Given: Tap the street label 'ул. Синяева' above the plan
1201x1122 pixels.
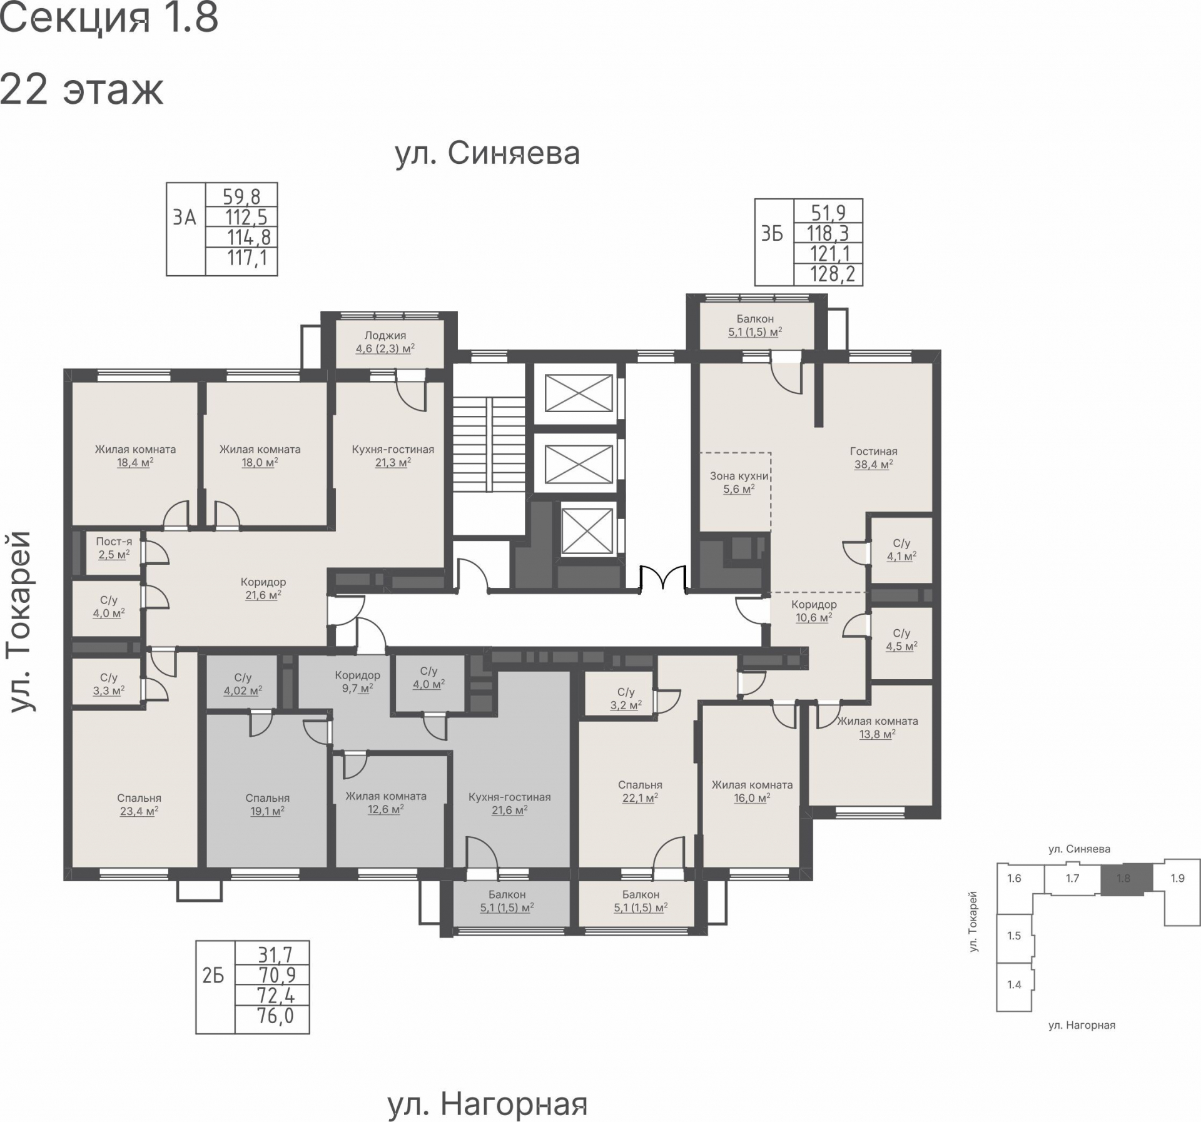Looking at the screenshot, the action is [487, 153].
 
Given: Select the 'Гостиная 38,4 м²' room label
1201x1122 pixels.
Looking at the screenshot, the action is [873, 458].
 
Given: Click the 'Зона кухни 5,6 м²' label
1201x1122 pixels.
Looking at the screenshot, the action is [739, 482].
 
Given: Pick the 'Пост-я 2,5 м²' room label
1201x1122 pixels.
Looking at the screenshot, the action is [114, 548].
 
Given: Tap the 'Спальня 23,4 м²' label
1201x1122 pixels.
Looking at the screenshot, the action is [139, 805].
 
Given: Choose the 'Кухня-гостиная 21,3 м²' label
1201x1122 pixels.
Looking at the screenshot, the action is [393, 456].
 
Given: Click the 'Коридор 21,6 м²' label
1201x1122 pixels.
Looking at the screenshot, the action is [263, 589].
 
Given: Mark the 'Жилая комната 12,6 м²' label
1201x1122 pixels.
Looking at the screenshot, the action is [386, 802].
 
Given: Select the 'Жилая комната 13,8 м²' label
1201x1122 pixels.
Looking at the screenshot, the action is [878, 727].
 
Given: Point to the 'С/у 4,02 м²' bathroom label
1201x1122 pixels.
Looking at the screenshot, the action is [243, 684].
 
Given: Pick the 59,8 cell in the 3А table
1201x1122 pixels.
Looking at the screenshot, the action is [241, 196].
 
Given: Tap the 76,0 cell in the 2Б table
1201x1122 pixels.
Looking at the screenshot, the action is [275, 1016].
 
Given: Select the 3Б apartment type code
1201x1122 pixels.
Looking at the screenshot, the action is [772, 234].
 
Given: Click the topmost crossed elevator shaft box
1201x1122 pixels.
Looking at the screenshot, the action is [579, 393].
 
